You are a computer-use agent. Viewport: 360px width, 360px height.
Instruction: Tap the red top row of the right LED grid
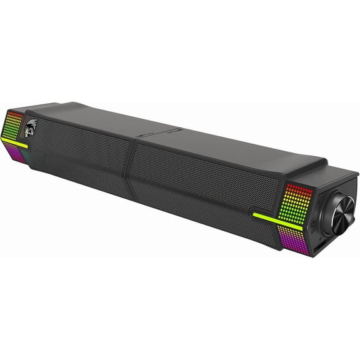point(300,187)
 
